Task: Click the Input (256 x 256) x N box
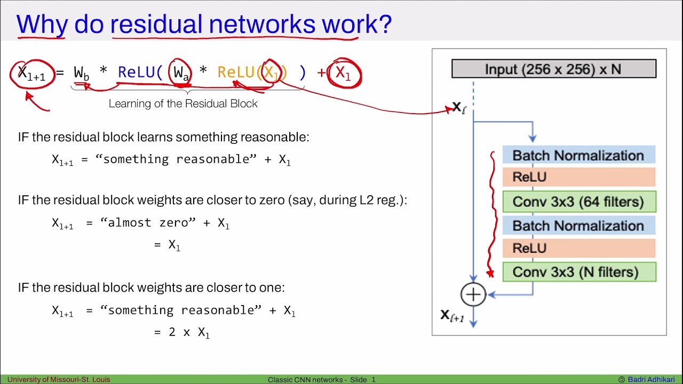point(553,69)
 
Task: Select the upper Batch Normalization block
point(578,156)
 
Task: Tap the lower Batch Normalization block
point(578,226)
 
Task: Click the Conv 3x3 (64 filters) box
point(578,202)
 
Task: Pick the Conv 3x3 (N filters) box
point(578,272)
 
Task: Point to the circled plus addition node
point(473,294)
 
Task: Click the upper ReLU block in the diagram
point(578,177)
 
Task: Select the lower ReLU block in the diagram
point(578,248)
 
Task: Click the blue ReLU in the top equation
point(137,73)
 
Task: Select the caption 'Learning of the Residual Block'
point(183,103)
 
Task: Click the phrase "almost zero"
point(148,222)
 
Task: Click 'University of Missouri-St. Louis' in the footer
point(59,380)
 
